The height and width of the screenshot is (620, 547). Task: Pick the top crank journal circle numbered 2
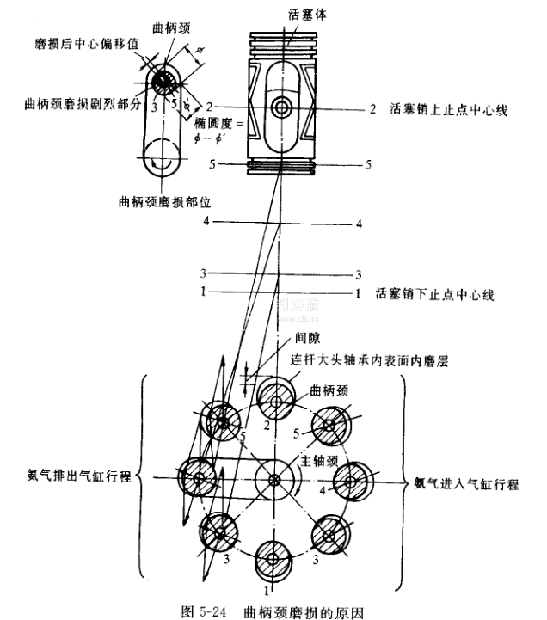pos(273,399)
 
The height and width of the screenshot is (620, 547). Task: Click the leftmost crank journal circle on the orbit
pos(197,478)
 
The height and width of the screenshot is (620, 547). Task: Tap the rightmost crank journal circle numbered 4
pos(351,478)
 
